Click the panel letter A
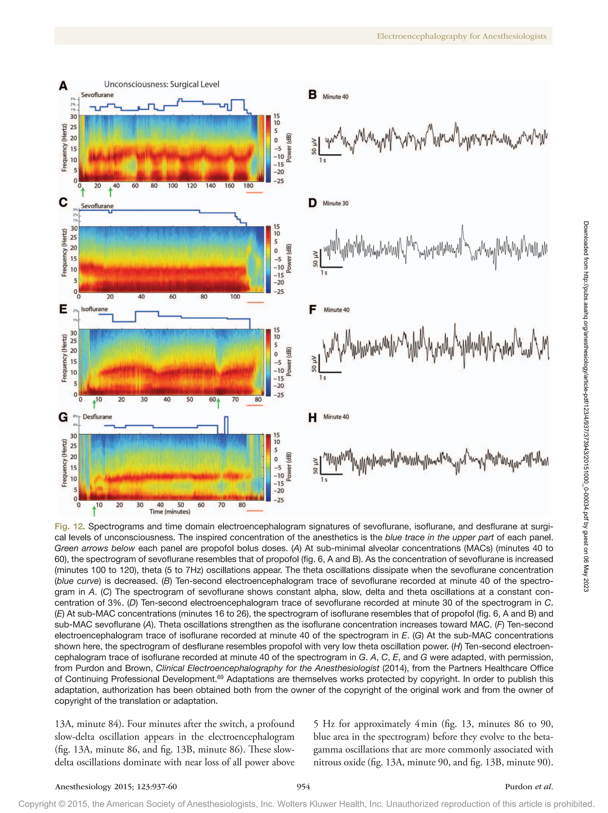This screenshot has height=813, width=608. [x=63, y=86]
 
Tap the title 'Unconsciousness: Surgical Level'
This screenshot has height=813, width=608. [x=161, y=84]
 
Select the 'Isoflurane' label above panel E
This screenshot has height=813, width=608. [x=94, y=309]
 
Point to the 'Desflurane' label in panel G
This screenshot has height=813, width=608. [x=97, y=417]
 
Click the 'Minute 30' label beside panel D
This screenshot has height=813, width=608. [x=335, y=203]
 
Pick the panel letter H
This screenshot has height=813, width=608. [x=312, y=418]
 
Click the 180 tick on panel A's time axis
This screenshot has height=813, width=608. [x=248, y=186]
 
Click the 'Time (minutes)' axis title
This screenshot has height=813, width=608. [x=170, y=512]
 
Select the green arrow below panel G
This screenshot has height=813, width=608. [x=94, y=511]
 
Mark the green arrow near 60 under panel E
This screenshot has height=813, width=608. [x=218, y=404]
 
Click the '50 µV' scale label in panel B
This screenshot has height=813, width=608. [x=314, y=146]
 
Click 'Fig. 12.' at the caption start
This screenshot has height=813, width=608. [x=69, y=526]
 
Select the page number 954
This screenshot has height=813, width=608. [x=303, y=787]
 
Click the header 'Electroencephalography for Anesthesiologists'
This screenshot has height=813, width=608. [x=461, y=36]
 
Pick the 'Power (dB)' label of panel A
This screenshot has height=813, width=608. [x=289, y=148]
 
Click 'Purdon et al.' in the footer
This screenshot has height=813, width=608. [x=528, y=787]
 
